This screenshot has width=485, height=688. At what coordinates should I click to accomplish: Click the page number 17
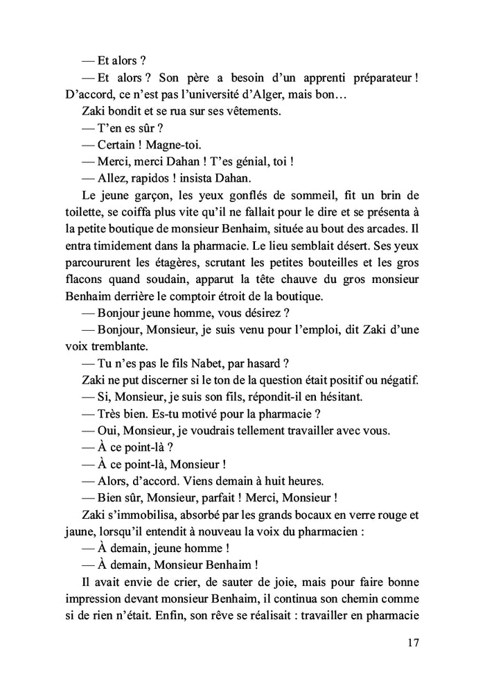pos(413,643)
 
